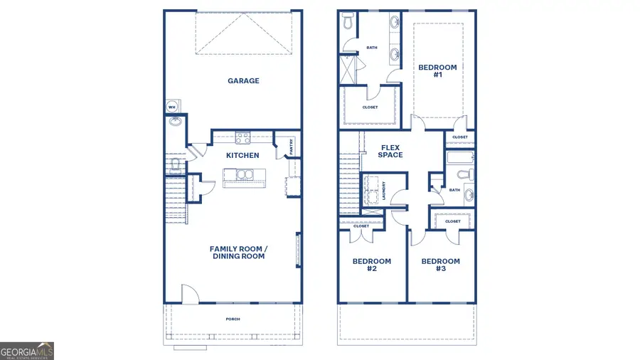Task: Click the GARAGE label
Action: [243, 81]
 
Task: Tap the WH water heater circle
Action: [171, 107]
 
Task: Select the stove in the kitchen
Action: [242, 139]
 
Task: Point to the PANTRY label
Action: [291, 147]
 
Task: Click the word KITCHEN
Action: [242, 155]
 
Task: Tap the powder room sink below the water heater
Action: [174, 122]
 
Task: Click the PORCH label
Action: [233, 319]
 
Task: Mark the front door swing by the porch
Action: [190, 293]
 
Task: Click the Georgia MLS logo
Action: [27, 351]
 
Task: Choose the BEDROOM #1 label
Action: [437, 71]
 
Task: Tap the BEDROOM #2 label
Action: [371, 265]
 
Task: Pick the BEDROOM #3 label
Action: [440, 265]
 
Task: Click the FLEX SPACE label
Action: [390, 151]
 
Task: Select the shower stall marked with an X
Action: [349, 70]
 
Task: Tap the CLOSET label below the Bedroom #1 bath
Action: [370, 107]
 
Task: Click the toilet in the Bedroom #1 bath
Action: [348, 23]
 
